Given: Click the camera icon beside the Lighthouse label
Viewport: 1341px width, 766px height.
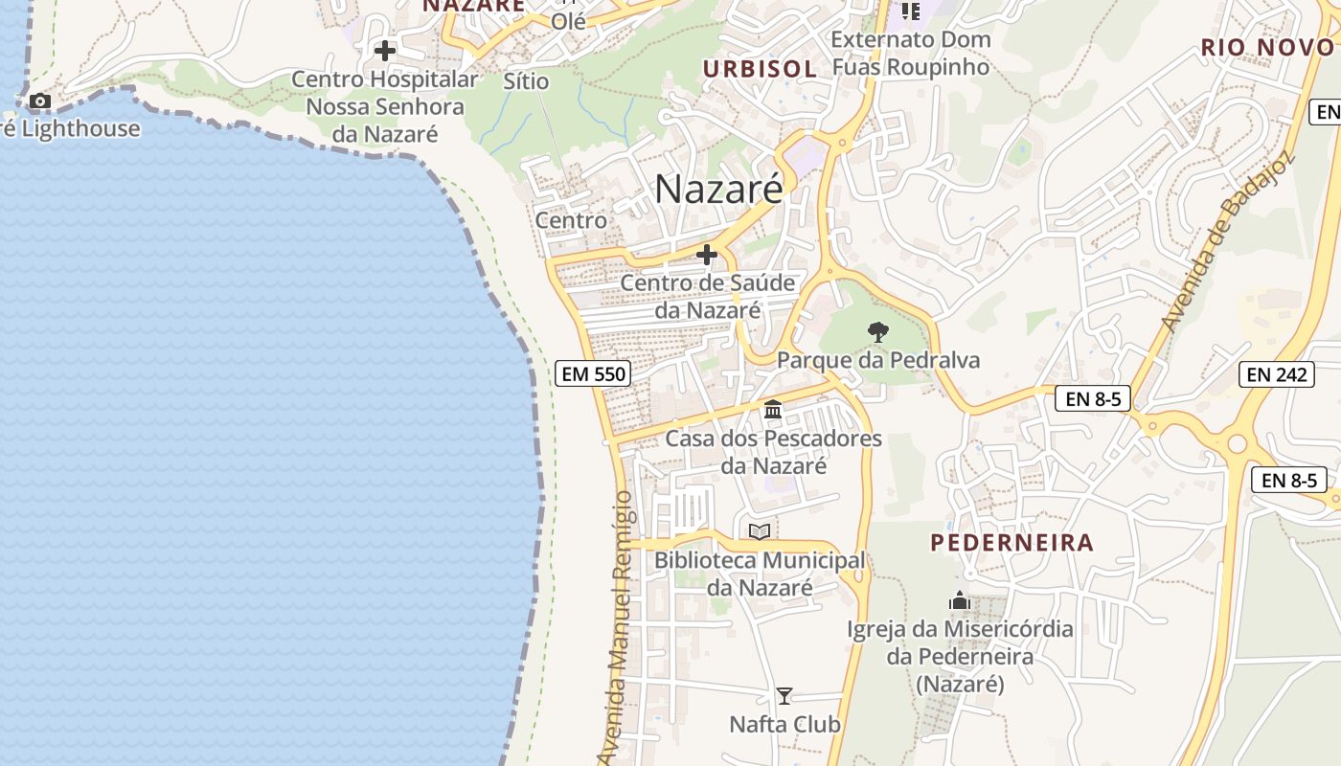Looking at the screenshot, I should coord(40,101).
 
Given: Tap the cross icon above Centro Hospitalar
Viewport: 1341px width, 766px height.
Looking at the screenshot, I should coord(385,50).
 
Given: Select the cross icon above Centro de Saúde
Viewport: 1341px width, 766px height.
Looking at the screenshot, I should coord(707,255).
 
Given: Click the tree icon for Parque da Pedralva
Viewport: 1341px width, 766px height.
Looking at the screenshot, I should coord(877,332).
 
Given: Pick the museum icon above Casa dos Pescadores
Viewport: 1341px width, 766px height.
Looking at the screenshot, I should coord(773,411).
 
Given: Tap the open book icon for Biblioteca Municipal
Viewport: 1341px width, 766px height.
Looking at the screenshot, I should coord(760,530).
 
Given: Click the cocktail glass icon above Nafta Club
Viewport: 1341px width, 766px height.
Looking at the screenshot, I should coord(784,696).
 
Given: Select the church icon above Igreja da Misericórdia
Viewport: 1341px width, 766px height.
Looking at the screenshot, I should coord(960,601).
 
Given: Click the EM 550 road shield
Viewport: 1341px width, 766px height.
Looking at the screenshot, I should coord(594,373).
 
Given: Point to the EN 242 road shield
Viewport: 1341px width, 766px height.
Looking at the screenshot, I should coord(1278,374).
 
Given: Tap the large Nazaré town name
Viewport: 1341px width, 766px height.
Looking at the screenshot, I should coord(718,189).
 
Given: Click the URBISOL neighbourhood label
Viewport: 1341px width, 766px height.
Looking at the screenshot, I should coord(760,69).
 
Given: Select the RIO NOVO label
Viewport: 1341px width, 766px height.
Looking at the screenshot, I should coord(1267,47).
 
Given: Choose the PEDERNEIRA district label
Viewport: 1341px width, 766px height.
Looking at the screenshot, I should coord(1011,543).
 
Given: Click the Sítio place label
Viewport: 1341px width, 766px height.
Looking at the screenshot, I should coord(526,81).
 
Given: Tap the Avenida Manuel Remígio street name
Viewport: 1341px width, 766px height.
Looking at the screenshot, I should coord(619,627).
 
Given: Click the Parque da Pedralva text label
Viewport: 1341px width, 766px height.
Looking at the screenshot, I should coord(878,360).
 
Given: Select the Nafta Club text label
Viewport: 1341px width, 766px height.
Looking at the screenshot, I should coord(784,724).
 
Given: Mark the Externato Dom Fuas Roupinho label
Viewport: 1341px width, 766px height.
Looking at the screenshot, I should coord(909,54).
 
